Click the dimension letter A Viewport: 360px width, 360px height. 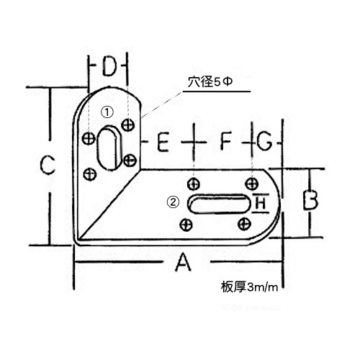[x=183, y=262]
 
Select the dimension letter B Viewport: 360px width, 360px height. [x=310, y=200]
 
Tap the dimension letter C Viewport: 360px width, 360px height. [x=48, y=165]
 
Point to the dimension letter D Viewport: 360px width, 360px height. [x=109, y=66]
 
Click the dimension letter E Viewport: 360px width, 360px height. [x=163, y=143]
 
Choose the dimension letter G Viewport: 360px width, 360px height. [x=264, y=141]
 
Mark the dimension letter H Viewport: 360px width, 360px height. [x=261, y=204]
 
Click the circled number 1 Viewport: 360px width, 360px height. [x=107, y=112]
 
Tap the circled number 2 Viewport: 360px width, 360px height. [x=173, y=202]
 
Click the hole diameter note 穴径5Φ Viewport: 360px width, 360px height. [x=210, y=82]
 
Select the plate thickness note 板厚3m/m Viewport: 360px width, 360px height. [x=250, y=287]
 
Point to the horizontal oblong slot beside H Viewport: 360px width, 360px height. [x=219, y=204]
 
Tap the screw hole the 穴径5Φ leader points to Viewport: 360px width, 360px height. [x=127, y=125]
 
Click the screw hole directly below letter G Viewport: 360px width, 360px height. [x=252, y=184]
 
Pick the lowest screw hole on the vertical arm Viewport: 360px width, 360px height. [x=90, y=174]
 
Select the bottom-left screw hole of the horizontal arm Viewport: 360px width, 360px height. [x=186, y=225]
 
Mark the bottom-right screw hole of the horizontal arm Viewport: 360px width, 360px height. [x=244, y=224]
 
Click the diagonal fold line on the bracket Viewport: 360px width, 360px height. [x=109, y=204]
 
